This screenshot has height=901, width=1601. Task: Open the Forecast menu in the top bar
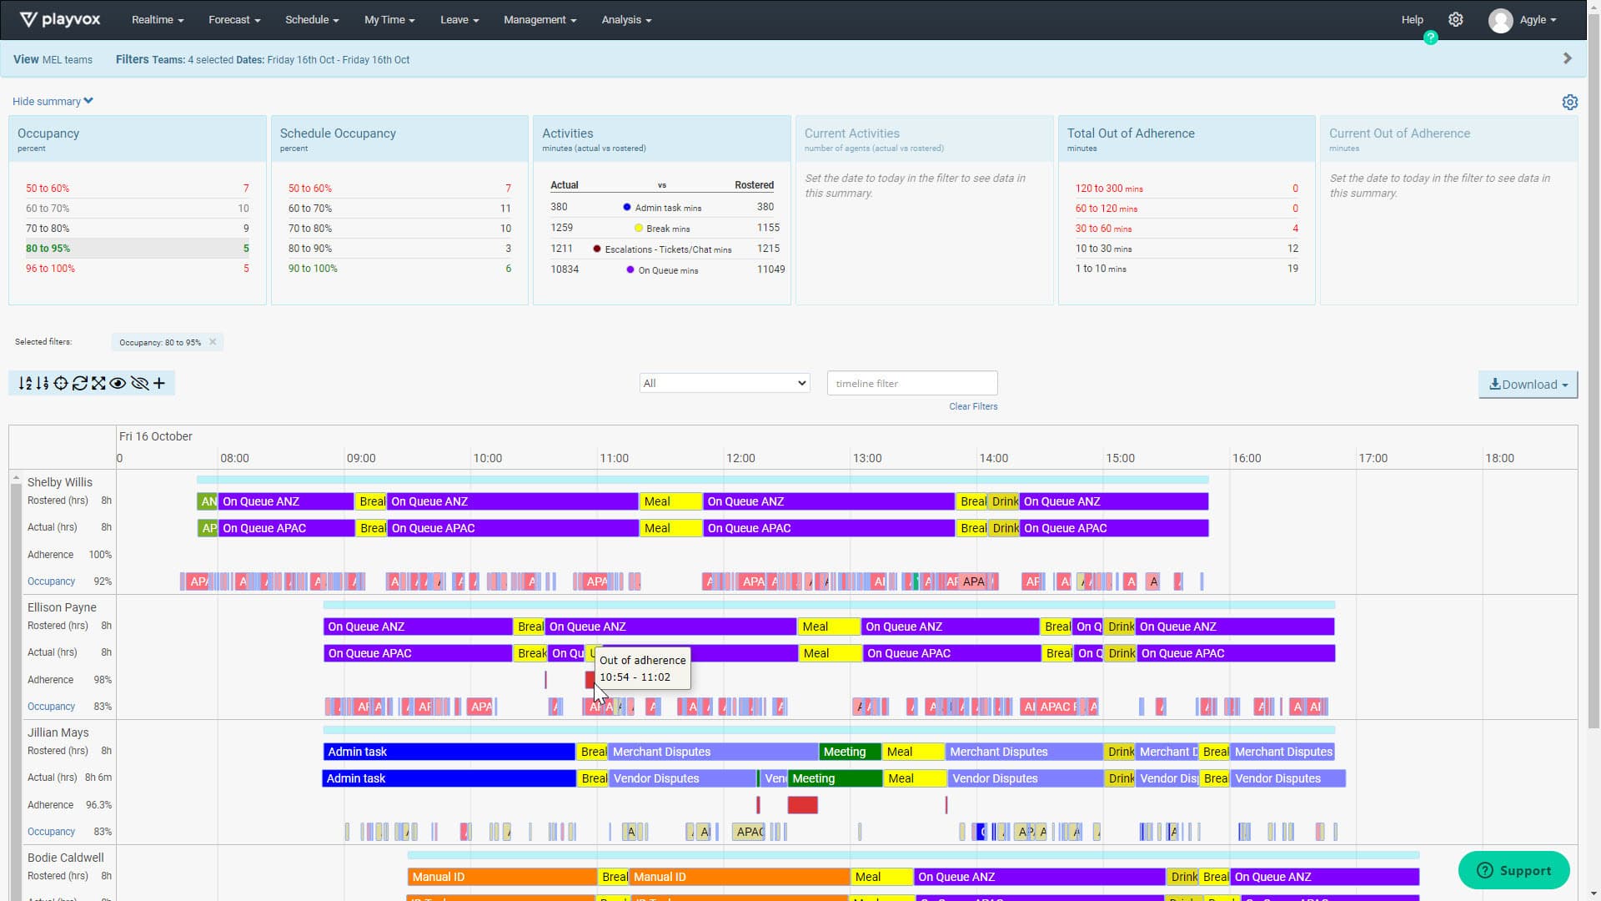pyautogui.click(x=234, y=20)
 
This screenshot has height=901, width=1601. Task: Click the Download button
pyautogui.click(x=1528, y=385)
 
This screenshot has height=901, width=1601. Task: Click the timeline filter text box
pyautogui.click(x=911, y=384)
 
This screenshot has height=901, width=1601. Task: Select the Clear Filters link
pyautogui.click(x=972, y=407)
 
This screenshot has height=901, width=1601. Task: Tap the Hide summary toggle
pyautogui.click(x=53, y=102)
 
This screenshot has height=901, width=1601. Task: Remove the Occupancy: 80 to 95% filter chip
pyautogui.click(x=213, y=342)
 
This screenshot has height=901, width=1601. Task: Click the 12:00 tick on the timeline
pyautogui.click(x=740, y=458)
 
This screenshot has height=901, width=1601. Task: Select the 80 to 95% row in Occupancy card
pyautogui.click(x=137, y=249)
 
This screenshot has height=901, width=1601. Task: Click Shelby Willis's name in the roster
pyautogui.click(x=60, y=482)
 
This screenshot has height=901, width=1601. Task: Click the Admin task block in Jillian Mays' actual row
pyautogui.click(x=449, y=778)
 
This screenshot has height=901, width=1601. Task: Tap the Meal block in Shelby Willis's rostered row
pyautogui.click(x=670, y=501)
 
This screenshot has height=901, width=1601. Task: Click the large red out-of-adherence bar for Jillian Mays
pyautogui.click(x=802, y=805)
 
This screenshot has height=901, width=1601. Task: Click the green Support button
pyautogui.click(x=1513, y=870)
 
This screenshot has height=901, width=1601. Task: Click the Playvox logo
pyautogui.click(x=60, y=20)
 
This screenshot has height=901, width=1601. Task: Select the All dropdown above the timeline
pyautogui.click(x=724, y=384)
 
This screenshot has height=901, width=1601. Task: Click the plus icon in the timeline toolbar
pyautogui.click(x=159, y=384)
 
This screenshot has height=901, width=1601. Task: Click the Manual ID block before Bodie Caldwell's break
pyautogui.click(x=502, y=877)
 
